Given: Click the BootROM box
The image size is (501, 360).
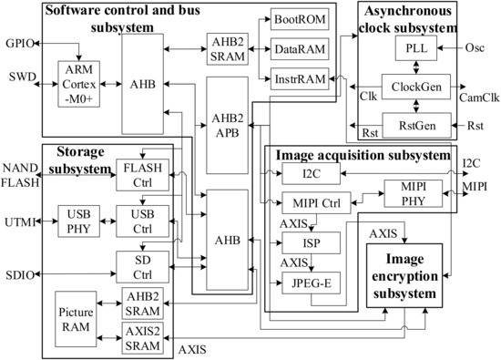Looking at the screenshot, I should [294, 19].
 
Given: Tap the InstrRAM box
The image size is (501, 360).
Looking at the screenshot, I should [294, 78].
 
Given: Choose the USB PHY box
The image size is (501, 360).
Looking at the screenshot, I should [77, 221].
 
